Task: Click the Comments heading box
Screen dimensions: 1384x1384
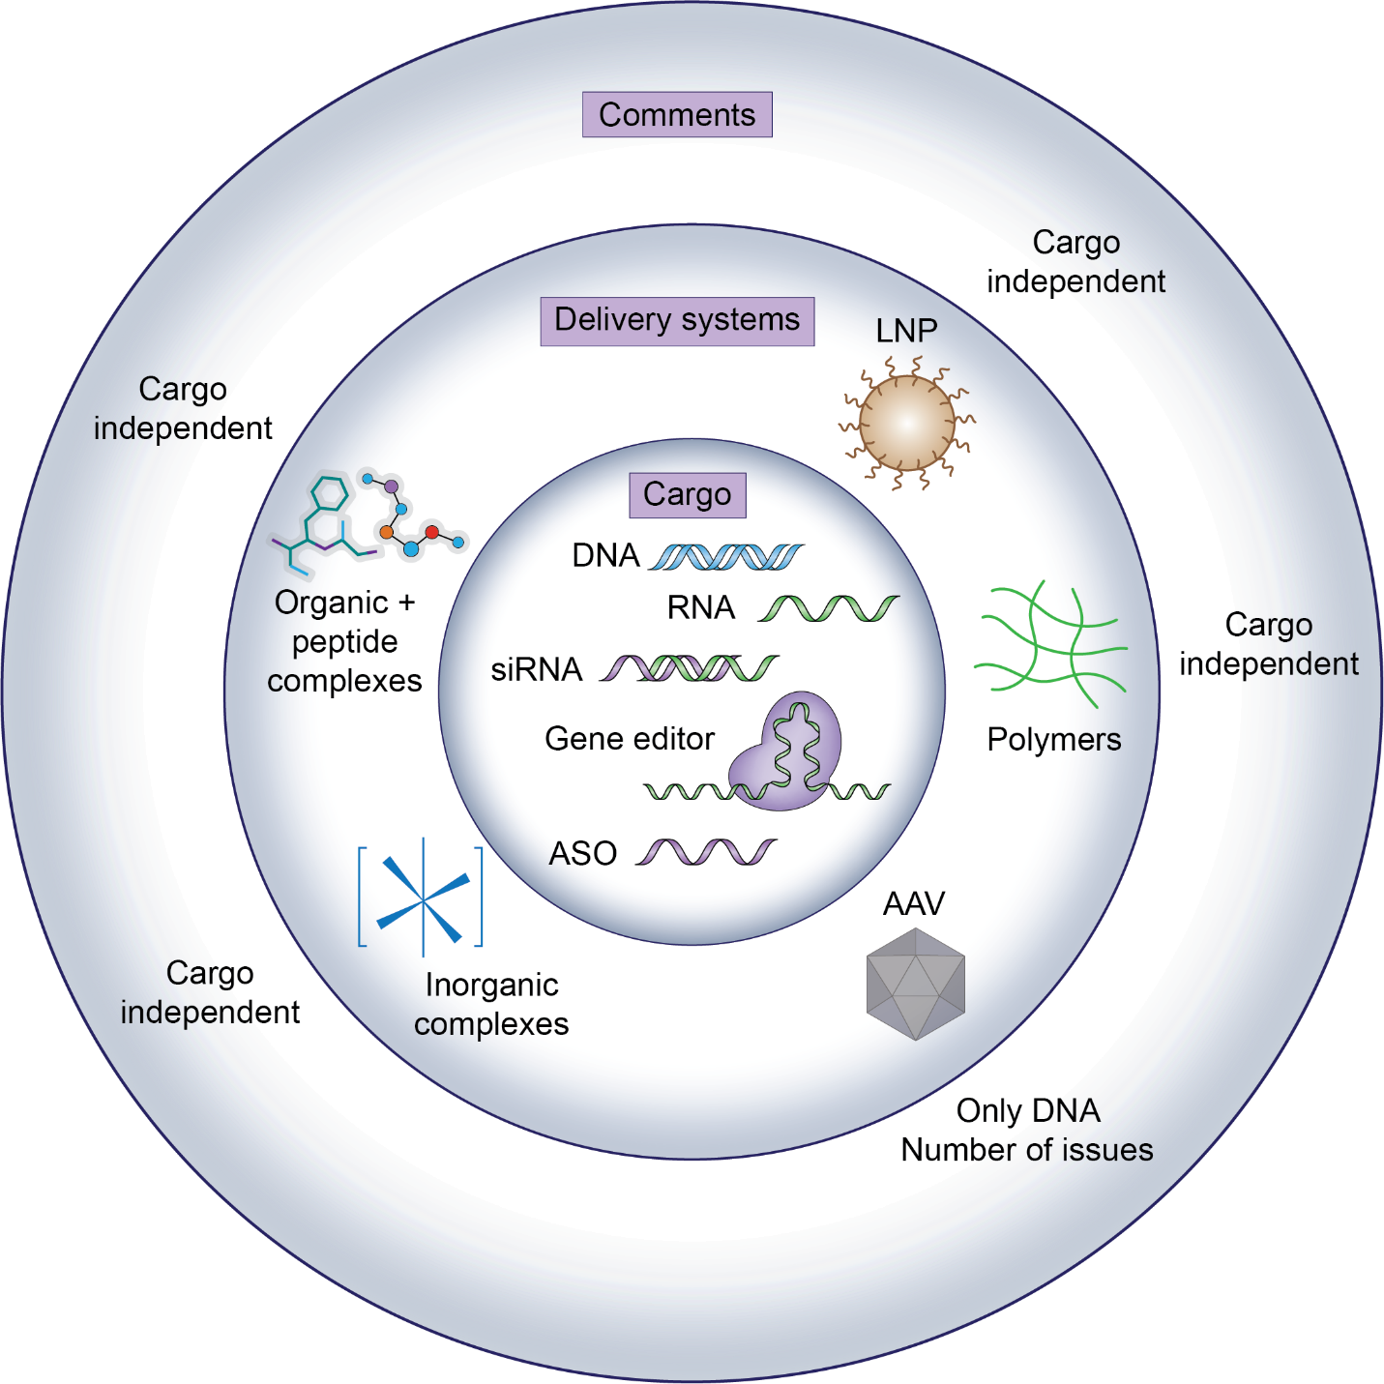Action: click(677, 114)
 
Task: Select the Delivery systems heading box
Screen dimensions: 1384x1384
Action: click(677, 320)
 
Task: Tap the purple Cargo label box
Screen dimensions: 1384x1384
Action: click(688, 494)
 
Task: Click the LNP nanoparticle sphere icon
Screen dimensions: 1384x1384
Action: click(906, 423)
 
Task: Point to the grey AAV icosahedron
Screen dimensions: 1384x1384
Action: click(915, 984)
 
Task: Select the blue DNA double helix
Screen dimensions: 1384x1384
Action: click(725, 557)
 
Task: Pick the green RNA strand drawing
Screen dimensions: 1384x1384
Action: click(829, 608)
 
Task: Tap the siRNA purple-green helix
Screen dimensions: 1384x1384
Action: click(690, 668)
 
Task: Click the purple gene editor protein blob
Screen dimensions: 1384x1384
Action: click(788, 750)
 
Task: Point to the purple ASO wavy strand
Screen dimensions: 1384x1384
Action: click(706, 852)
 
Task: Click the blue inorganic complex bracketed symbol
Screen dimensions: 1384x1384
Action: click(422, 897)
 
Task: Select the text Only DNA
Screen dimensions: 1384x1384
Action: click(1028, 1110)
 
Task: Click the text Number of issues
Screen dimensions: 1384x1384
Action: click(1027, 1150)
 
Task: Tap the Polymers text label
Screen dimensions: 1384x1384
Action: click(1054, 739)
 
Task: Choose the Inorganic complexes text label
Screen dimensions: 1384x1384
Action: click(491, 1004)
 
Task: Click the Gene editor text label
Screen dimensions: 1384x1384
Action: click(630, 739)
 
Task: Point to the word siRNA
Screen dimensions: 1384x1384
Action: click(536, 669)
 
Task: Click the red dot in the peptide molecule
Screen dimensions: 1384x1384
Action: click(432, 532)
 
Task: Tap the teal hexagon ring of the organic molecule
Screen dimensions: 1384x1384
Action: click(329, 493)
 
